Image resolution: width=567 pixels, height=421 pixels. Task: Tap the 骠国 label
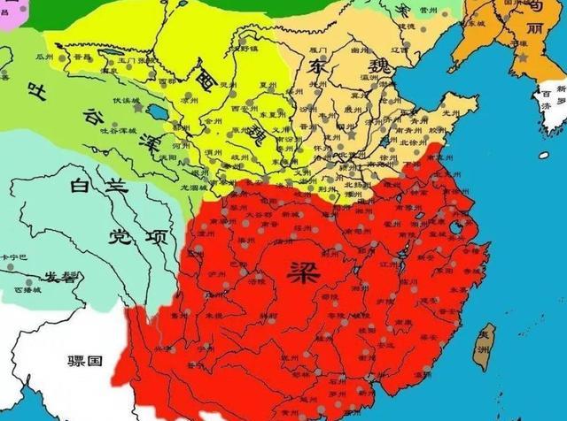(87, 361)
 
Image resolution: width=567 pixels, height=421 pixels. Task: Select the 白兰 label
(92, 186)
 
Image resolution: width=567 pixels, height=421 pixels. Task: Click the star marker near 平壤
(524, 57)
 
